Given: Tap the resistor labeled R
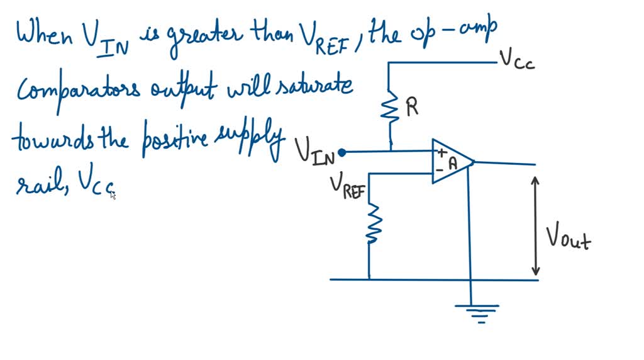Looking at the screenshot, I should point(391,108).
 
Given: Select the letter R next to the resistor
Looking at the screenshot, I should point(412,108).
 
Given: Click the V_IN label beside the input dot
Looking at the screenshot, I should point(316,153).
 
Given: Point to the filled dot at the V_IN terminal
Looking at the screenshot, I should point(341,152).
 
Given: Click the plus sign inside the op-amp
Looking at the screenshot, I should point(442,152).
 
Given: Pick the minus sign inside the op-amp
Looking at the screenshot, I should point(440,169).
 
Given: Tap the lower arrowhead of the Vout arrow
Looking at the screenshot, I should point(535,271).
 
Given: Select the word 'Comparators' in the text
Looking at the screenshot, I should point(80,91).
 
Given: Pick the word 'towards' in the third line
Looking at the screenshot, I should point(44,138).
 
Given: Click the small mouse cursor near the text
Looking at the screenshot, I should point(113,195).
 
